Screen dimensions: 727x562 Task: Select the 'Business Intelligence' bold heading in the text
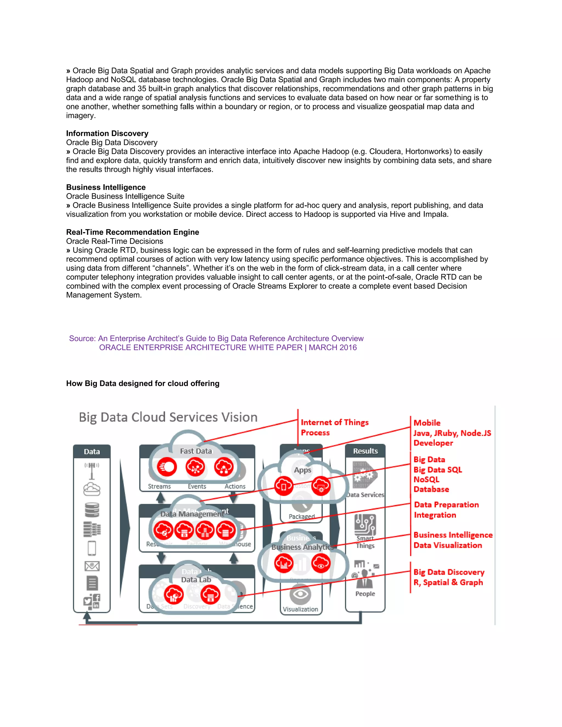(x=106, y=187)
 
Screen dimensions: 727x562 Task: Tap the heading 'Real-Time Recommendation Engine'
(x=133, y=232)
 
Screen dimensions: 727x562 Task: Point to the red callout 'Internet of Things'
(x=335, y=422)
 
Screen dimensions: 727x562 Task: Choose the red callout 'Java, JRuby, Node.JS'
(x=452, y=433)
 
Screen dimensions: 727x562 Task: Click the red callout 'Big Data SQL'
(x=437, y=470)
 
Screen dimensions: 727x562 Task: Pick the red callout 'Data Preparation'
(x=446, y=505)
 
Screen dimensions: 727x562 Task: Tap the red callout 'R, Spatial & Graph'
(x=448, y=582)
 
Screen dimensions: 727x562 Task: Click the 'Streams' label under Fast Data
(x=159, y=486)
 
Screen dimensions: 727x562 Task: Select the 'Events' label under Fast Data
(x=197, y=486)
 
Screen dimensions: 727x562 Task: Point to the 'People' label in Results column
(x=365, y=594)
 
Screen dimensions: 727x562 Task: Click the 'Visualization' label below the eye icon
(x=300, y=609)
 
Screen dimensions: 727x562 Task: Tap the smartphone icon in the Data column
(x=92, y=548)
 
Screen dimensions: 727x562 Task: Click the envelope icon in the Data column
(x=92, y=566)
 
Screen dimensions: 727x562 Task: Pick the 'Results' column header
(x=365, y=451)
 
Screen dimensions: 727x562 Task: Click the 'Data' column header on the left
(x=92, y=452)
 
